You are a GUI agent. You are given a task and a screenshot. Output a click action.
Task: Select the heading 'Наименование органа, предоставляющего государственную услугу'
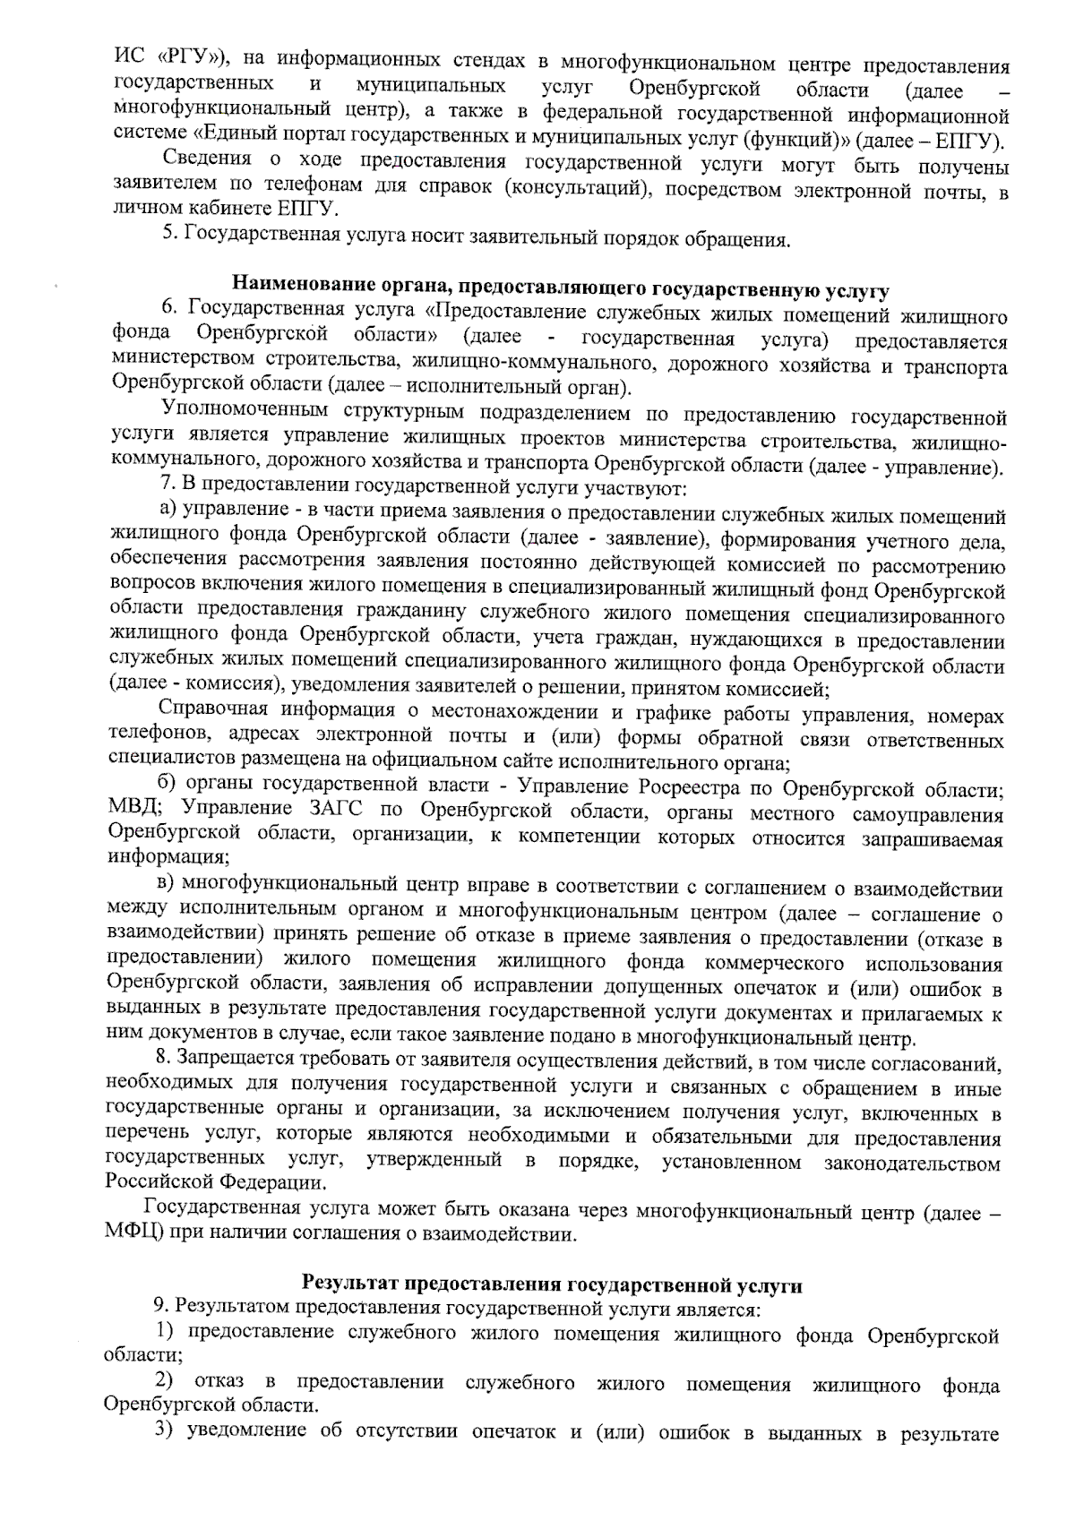click(561, 288)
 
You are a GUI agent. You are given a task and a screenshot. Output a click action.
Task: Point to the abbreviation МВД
click(132, 811)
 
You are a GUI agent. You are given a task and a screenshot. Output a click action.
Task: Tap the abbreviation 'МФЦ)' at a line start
click(132, 1234)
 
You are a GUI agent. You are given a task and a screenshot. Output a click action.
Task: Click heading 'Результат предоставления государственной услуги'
click(552, 1284)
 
